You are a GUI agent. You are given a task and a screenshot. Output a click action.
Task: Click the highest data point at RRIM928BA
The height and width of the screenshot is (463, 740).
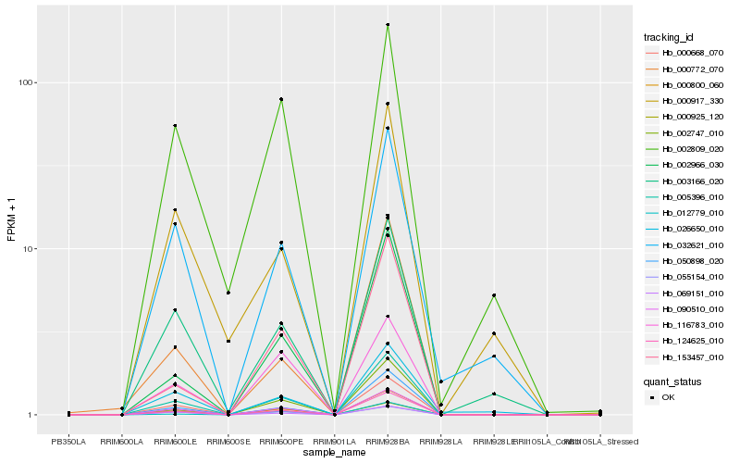[x=388, y=25]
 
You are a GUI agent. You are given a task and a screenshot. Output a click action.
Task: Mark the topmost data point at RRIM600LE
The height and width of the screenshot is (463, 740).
[x=175, y=126]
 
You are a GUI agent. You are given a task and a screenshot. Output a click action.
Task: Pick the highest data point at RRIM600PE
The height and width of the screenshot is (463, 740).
[x=281, y=99]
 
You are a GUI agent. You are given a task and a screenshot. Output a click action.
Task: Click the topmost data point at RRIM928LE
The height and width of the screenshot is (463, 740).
[x=494, y=295]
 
